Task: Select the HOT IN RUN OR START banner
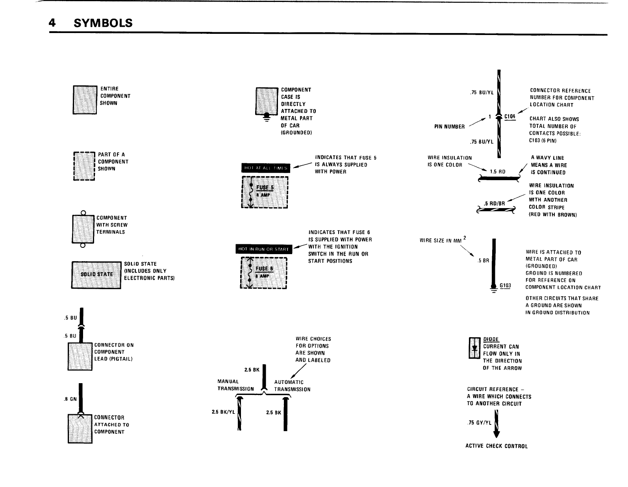(262, 249)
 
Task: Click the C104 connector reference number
(510, 116)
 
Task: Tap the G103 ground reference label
(505, 286)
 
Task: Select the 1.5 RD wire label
(498, 172)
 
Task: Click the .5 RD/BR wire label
(495, 203)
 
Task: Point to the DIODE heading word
(491, 339)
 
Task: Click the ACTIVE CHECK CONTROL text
(496, 446)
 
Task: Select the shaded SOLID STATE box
(96, 274)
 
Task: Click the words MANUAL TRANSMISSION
(235, 385)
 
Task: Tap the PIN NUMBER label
(449, 127)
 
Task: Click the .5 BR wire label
(483, 260)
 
